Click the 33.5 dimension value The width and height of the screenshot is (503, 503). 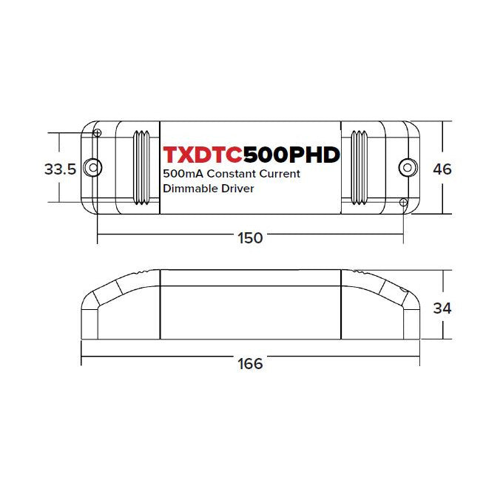tap(61, 169)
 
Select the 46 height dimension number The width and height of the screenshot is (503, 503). tap(442, 169)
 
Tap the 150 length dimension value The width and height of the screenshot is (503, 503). tap(250, 238)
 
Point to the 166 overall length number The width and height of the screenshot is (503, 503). tap(250, 364)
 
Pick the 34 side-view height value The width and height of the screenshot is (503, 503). tap(442, 308)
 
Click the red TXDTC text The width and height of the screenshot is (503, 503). tap(203, 155)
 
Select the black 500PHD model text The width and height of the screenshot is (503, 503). tap(291, 155)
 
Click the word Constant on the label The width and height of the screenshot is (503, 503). tap(232, 174)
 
